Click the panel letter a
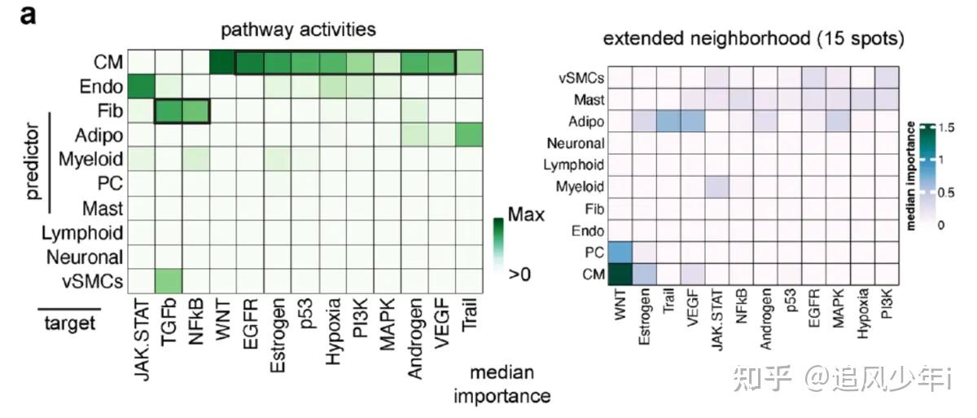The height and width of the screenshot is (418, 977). click(x=28, y=15)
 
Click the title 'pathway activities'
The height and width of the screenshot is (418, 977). click(x=298, y=30)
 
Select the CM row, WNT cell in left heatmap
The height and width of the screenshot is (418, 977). click(x=223, y=63)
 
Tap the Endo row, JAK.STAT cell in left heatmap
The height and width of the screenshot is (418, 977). click(x=142, y=86)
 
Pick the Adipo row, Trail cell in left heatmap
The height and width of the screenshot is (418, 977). click(x=469, y=134)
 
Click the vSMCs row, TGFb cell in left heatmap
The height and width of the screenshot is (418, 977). click(x=169, y=281)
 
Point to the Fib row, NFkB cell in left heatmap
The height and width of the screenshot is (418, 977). click(x=196, y=111)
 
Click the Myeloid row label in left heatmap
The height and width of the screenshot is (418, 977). click(x=90, y=159)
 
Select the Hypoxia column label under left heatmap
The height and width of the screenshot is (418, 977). click(x=333, y=332)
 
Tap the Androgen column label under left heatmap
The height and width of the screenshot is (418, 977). click(x=414, y=339)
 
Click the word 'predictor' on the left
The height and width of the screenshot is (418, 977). click(x=33, y=161)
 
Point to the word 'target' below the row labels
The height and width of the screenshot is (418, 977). click(x=70, y=323)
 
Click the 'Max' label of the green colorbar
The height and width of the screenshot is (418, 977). click(x=526, y=214)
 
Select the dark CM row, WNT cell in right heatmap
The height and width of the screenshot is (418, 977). click(x=620, y=275)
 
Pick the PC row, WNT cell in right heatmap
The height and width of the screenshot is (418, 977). click(x=620, y=253)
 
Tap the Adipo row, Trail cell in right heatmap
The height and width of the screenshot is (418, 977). click(x=668, y=121)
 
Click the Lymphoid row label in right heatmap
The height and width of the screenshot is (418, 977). click(x=573, y=165)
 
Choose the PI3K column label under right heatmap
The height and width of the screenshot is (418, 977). click(x=887, y=304)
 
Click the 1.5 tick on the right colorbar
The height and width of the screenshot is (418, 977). click(x=946, y=128)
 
